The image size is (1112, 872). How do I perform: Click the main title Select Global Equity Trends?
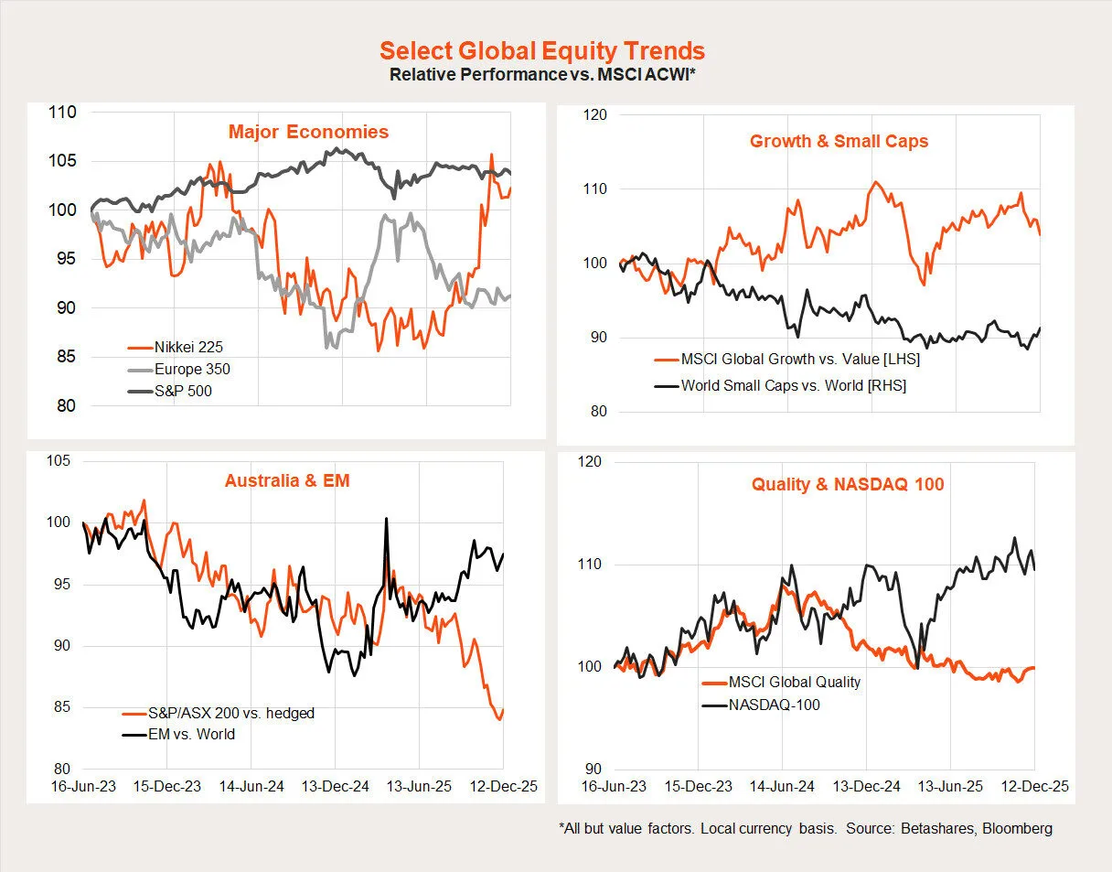point(542,50)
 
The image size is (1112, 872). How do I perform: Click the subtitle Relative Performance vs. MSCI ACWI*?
point(542,74)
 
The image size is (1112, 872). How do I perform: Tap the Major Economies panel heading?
point(308,132)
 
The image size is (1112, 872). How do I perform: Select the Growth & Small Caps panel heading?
point(839,141)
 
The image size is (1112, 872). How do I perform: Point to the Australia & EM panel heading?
point(287,479)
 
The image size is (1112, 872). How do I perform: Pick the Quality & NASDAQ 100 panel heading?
point(848,484)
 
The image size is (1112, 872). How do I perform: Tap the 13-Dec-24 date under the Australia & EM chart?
point(335,787)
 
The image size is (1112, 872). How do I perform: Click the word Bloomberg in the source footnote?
point(1019,828)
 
